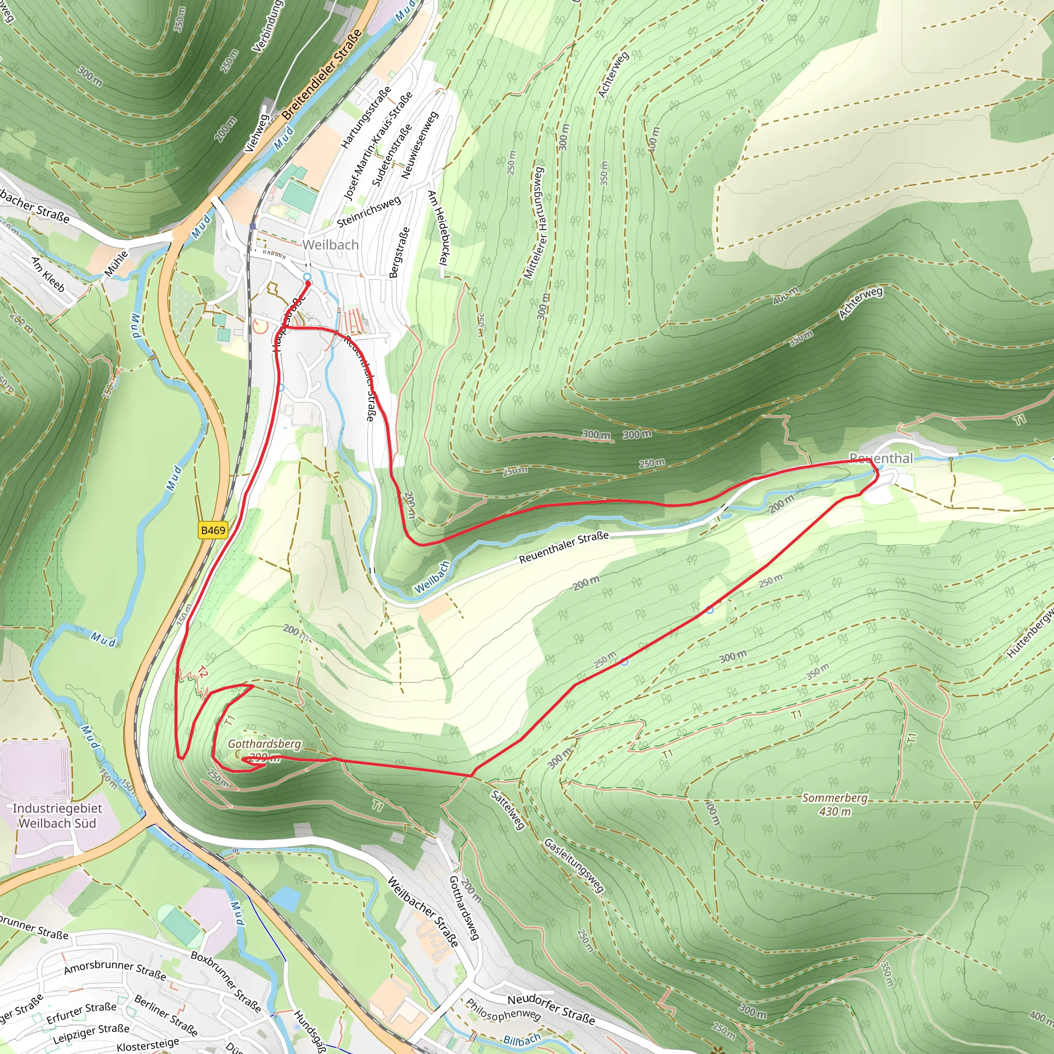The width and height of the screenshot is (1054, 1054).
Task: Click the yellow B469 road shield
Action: pos(213,530)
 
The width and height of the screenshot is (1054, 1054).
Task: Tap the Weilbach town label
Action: pos(330,245)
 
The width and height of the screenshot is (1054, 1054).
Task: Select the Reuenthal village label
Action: pos(881,458)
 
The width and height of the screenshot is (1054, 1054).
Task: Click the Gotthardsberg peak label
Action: pos(264,744)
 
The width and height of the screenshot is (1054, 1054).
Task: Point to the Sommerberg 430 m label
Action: pos(835,805)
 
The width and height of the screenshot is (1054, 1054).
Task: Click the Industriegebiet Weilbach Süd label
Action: pos(57,816)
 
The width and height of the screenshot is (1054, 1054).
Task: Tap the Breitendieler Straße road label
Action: pos(322,75)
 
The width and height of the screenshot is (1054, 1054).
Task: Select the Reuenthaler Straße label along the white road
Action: pos(564,547)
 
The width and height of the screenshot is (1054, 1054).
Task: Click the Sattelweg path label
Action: pos(508,810)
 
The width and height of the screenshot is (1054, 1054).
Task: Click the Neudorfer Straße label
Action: pos(551,1009)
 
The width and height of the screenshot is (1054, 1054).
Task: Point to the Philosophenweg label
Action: pos(502,1010)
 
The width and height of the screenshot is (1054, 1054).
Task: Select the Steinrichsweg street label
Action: pos(369,212)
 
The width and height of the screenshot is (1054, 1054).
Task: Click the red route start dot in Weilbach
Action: pos(308,284)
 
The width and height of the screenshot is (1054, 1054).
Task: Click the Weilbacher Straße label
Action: pos(424,911)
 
